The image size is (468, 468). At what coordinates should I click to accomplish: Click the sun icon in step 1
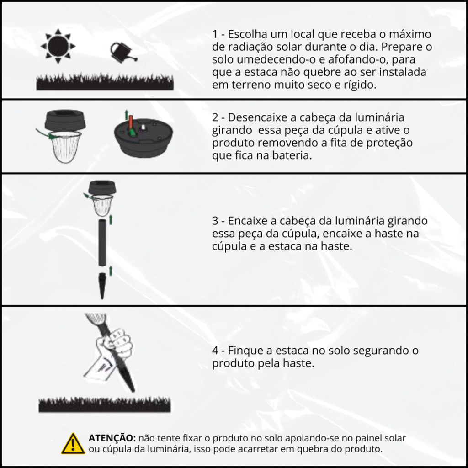58,46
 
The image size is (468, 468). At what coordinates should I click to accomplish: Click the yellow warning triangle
73,444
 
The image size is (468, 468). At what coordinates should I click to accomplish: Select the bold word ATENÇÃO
112,438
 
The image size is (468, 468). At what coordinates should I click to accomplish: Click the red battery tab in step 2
131,122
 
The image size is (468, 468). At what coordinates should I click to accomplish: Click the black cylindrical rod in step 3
102,242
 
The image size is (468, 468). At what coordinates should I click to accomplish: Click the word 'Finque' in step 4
245,351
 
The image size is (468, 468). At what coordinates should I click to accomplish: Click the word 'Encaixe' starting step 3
247,221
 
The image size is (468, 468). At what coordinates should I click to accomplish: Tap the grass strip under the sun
105,83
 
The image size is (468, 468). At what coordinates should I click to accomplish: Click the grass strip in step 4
105,405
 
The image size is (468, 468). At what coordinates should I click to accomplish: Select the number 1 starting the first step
215,34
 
